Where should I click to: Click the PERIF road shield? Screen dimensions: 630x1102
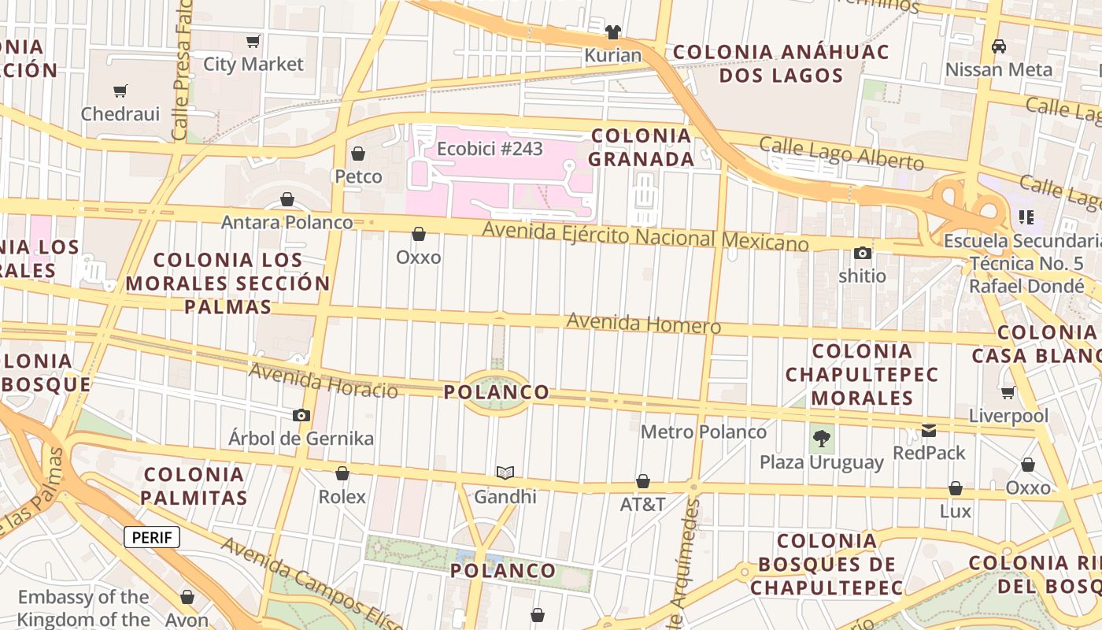[152, 538]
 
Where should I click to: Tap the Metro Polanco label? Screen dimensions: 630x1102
[703, 432]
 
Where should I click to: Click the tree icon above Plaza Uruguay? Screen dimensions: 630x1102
[821, 437]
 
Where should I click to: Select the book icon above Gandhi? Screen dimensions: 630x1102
[505, 472]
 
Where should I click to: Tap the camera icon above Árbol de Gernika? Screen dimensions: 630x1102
[301, 415]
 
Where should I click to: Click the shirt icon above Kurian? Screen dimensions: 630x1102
[613, 32]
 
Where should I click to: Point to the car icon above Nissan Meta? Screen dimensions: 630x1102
[998, 46]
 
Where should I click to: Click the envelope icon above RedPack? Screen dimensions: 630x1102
[929, 430]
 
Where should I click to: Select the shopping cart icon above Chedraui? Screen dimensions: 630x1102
[120, 91]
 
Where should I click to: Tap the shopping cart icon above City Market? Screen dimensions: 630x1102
[253, 41]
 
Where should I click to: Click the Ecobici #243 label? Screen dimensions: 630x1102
[490, 148]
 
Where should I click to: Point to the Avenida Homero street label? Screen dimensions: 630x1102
[643, 323]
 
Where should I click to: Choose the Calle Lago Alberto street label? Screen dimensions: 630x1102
[841, 154]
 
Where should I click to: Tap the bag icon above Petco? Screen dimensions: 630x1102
[358, 153]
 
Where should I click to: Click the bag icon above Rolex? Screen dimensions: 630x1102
[342, 473]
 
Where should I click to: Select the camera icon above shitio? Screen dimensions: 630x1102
[863, 253]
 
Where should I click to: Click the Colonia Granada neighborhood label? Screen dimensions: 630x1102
[641, 147]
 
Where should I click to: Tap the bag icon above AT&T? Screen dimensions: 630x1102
[643, 481]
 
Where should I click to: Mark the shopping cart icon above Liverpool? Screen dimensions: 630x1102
[1008, 392]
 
